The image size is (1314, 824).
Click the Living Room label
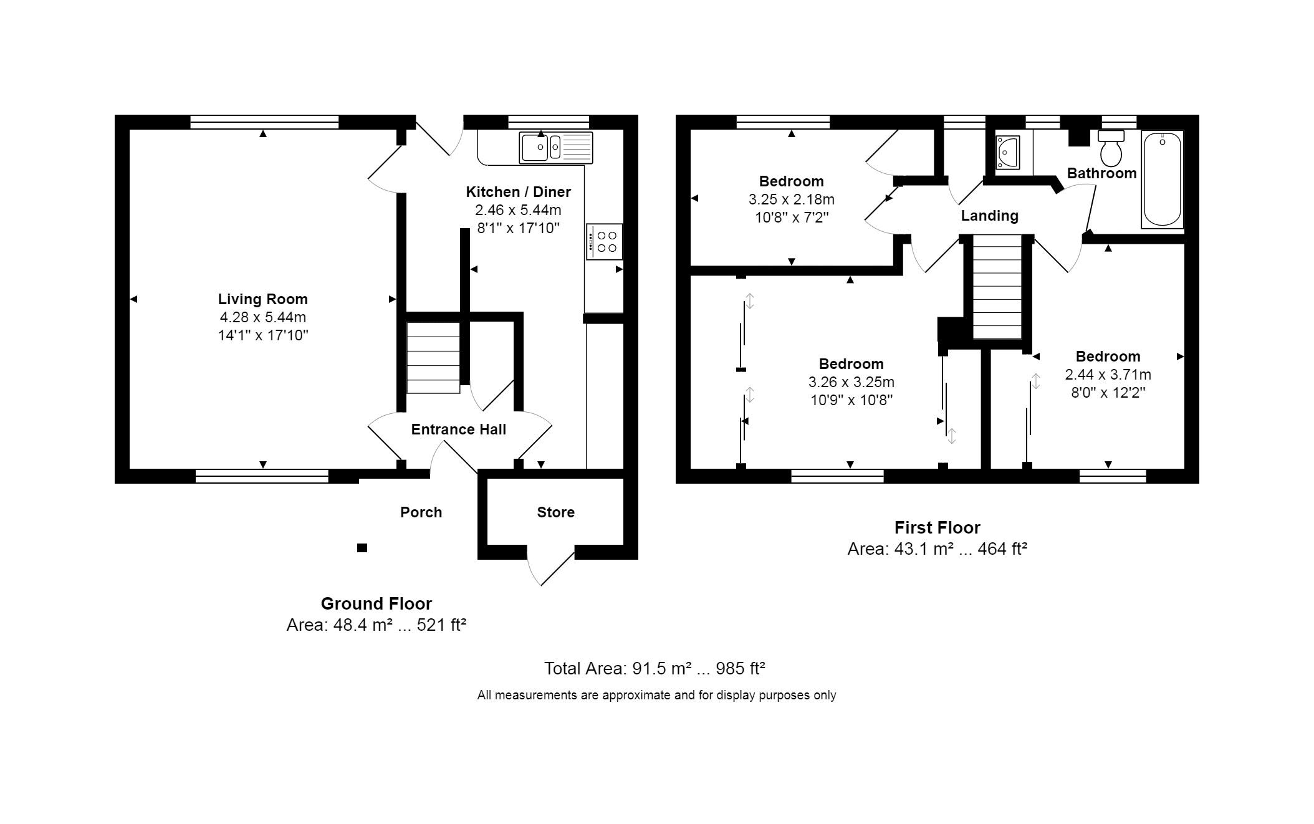(262, 299)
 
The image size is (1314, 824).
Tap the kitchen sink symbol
(555, 148)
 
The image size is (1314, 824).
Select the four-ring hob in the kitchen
(604, 242)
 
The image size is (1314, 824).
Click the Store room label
(555, 512)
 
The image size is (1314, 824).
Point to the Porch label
(421, 512)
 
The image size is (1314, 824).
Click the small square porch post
(362, 548)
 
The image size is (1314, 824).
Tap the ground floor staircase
(433, 358)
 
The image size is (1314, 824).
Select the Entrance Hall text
(458, 429)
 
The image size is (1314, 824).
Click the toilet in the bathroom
(1111, 149)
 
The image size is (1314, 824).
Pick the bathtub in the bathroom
(1162, 179)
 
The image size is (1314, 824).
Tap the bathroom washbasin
(1007, 153)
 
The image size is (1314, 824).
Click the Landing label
(989, 216)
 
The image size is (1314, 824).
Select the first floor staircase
(997, 287)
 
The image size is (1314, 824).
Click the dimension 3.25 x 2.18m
(791, 199)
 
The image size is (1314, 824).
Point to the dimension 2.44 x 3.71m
(1108, 375)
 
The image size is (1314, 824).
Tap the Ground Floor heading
(376, 603)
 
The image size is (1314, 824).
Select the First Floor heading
(937, 528)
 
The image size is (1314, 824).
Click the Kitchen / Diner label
(518, 192)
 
